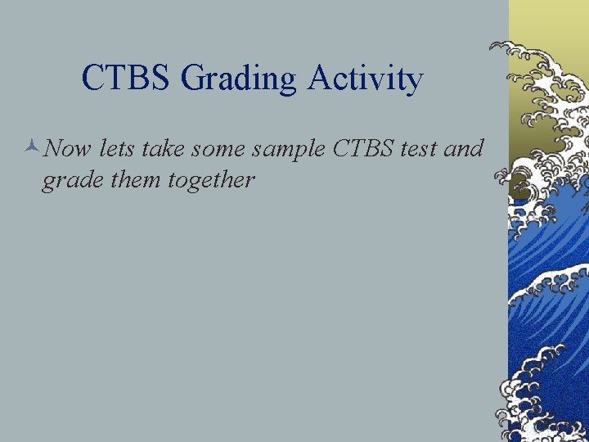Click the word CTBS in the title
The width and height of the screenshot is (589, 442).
127,79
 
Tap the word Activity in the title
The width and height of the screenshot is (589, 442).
365,79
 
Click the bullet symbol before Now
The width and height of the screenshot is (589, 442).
31,148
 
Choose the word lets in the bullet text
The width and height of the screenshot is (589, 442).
115,148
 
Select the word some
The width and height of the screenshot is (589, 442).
220,148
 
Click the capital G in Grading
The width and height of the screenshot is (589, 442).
192,79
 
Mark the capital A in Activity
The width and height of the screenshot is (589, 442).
320,79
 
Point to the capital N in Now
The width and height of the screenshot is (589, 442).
53,148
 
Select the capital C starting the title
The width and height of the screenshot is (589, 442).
92,79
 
